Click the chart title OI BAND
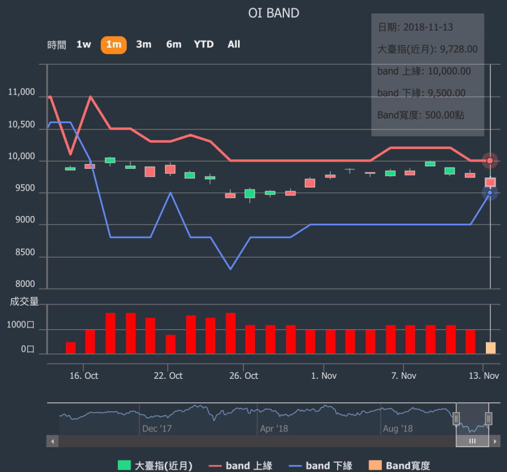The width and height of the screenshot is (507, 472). (x=273, y=13)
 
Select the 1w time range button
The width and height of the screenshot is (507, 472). (x=83, y=44)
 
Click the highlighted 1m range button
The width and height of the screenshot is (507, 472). (x=114, y=44)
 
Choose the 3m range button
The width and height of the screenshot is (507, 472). (x=144, y=44)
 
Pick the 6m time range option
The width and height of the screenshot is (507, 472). (x=173, y=44)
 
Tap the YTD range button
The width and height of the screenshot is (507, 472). (x=204, y=44)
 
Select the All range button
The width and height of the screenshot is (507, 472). (x=234, y=44)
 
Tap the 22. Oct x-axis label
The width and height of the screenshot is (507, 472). (x=168, y=376)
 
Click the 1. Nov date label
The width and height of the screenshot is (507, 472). (x=324, y=376)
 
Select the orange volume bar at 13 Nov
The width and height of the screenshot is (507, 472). (x=490, y=348)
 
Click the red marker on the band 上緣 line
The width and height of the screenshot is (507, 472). (x=489, y=161)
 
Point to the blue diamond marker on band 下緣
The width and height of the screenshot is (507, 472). (x=489, y=193)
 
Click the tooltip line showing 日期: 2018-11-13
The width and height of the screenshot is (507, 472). (x=415, y=27)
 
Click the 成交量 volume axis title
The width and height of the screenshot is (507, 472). (x=24, y=301)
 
